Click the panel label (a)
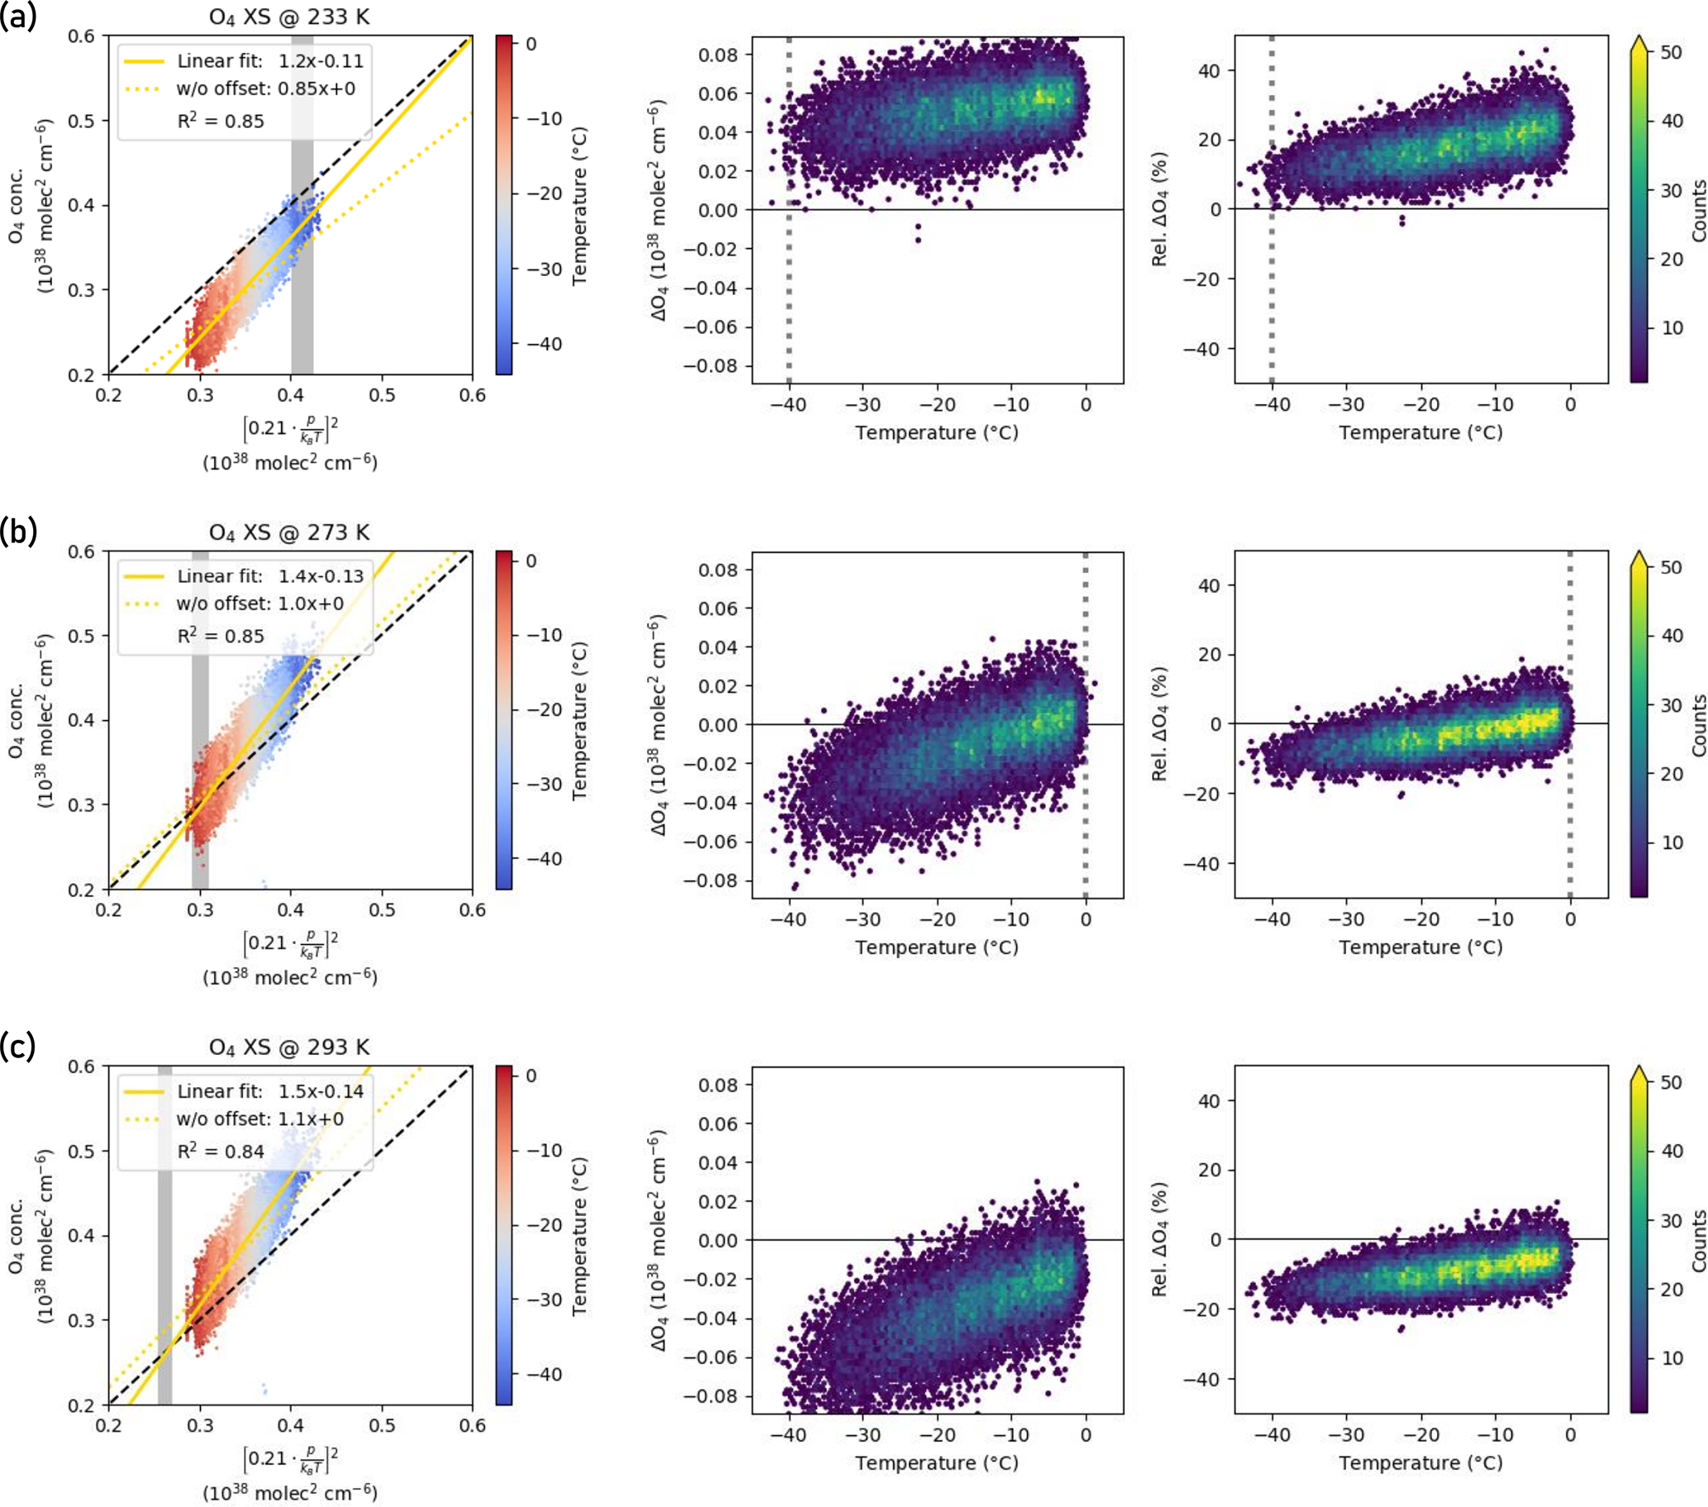point(18,17)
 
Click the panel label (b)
point(18,532)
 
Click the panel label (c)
point(18,1047)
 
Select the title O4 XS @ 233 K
point(289,17)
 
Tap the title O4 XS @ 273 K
point(289,532)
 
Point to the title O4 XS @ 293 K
point(289,1047)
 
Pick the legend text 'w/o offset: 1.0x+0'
point(259,603)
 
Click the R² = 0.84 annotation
point(221,1152)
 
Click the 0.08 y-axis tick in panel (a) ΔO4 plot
point(719,55)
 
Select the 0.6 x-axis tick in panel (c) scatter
point(472,1425)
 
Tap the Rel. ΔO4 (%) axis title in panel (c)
point(1159,1239)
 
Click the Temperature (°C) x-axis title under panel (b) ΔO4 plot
point(937,948)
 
